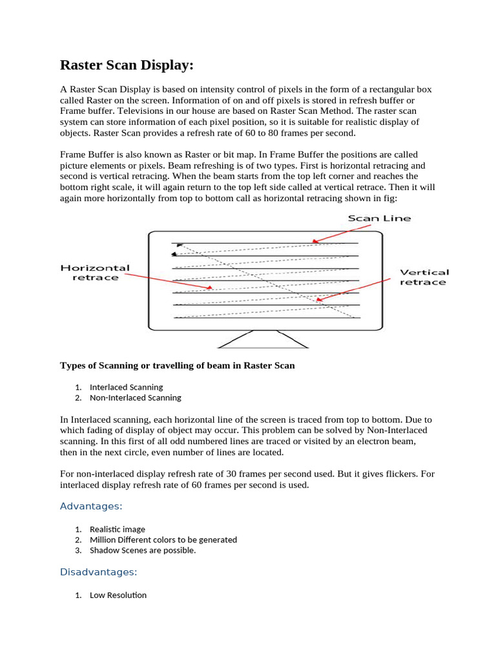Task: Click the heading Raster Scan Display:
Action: coord(127,65)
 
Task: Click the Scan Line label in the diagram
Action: coord(379,219)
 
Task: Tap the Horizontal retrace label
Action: coord(95,272)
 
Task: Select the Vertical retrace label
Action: coord(424,277)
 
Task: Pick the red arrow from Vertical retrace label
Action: coord(355,290)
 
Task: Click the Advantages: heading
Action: coord(91,506)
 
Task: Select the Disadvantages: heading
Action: coord(99,572)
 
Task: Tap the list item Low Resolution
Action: coord(118,595)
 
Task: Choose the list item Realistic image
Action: coord(118,529)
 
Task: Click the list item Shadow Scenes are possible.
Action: coord(143,550)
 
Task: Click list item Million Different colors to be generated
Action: coord(163,539)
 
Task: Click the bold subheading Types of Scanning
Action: coord(177,365)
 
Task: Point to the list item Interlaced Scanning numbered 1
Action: coord(126,387)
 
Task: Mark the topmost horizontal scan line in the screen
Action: coord(265,243)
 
